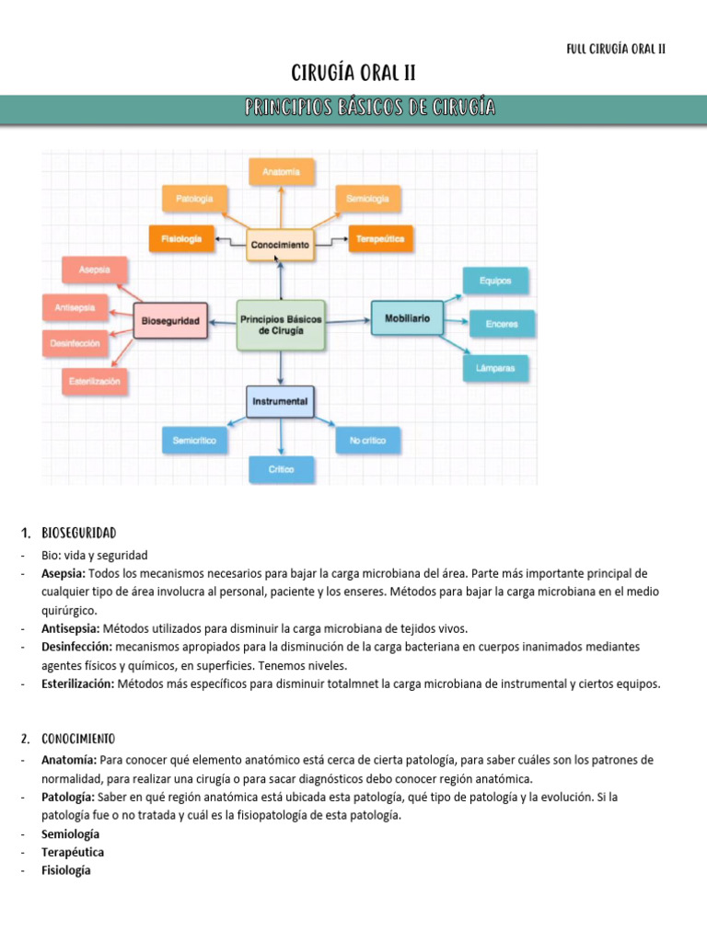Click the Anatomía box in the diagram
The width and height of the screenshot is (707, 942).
click(281, 171)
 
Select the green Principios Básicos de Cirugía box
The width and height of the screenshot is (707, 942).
click(281, 324)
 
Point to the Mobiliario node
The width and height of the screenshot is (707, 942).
click(406, 317)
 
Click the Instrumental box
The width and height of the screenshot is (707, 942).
click(280, 401)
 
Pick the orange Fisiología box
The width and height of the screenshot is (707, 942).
click(181, 238)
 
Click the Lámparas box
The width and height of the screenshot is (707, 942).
click(495, 368)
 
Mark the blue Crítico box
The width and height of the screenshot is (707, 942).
click(281, 469)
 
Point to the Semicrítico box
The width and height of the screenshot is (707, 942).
click(194, 441)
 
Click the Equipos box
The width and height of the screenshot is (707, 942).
click(495, 281)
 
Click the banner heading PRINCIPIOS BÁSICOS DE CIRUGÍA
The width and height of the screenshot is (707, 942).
click(371, 109)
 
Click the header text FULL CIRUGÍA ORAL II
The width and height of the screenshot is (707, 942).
click(616, 49)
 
